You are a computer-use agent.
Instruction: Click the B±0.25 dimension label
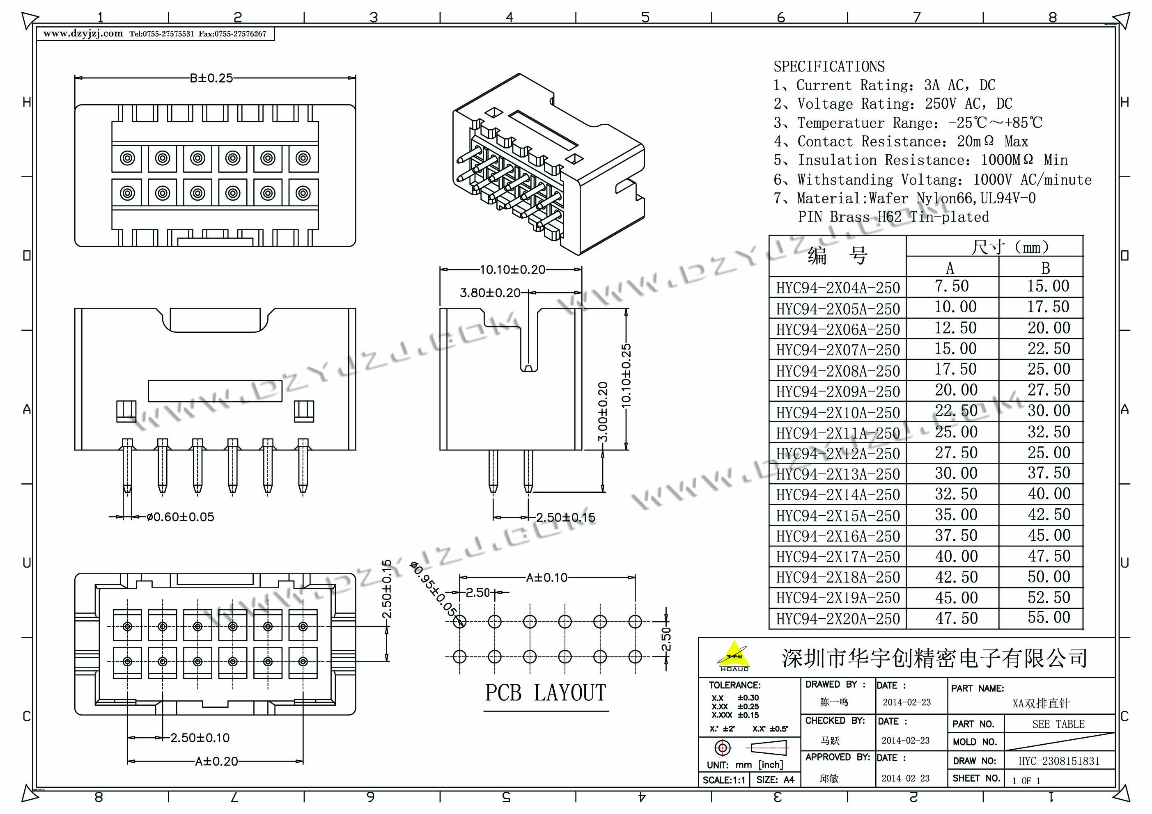(x=211, y=78)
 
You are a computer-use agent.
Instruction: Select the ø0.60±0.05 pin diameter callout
(x=180, y=517)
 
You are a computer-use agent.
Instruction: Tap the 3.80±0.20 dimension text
(x=490, y=293)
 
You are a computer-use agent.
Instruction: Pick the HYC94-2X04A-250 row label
(x=838, y=288)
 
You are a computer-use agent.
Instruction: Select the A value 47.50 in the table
(x=956, y=618)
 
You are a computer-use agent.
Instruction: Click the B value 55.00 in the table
(x=1049, y=617)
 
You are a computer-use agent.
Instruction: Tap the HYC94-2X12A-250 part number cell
(x=838, y=453)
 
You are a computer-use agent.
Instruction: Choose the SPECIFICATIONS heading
(x=829, y=66)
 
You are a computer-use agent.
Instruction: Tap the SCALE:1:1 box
(x=723, y=780)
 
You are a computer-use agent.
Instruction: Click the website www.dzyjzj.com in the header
(x=83, y=34)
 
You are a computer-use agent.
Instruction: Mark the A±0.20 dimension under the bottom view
(x=216, y=761)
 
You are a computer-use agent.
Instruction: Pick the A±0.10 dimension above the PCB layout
(x=546, y=578)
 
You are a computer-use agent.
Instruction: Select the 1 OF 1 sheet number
(x=1026, y=780)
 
